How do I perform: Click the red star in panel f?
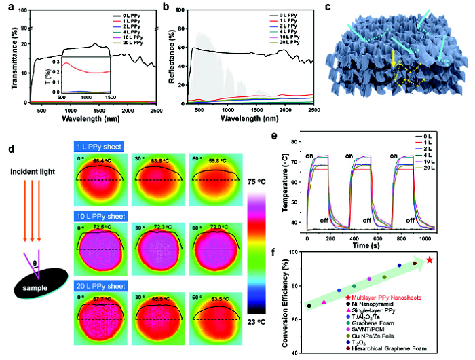point(430,260)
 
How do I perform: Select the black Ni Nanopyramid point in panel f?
point(309,306)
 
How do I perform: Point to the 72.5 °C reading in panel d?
point(102,225)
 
